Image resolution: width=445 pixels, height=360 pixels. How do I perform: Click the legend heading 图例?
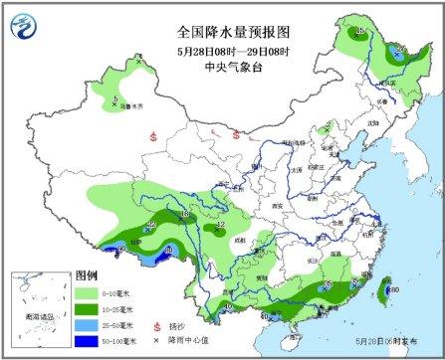click(88, 275)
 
